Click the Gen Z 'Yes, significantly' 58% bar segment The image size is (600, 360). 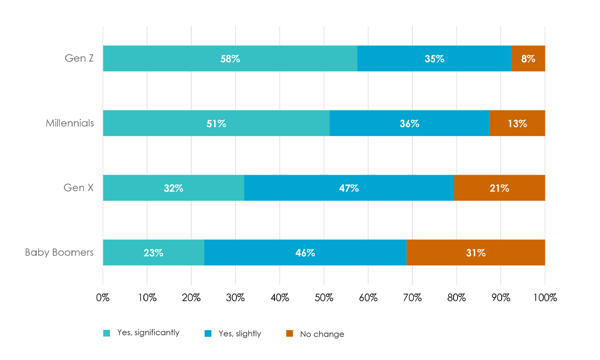230,59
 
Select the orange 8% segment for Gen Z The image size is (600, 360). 528,59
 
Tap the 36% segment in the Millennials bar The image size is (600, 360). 409,124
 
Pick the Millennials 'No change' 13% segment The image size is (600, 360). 517,124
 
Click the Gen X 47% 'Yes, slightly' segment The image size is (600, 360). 349,188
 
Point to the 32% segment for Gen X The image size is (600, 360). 173,188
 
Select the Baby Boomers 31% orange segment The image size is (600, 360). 475,253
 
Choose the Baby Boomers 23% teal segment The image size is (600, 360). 154,253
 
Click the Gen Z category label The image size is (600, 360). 79,59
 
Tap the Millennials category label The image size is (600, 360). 70,124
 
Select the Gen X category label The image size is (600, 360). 79,188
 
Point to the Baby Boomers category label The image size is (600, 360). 59,253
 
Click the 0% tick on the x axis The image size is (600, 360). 103,297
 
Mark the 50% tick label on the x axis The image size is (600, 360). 324,297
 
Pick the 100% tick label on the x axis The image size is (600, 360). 545,297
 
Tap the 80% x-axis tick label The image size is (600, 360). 457,297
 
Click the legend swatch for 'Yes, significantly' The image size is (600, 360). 106,333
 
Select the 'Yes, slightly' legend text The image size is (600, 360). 238,334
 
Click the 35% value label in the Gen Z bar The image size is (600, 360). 434,59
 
